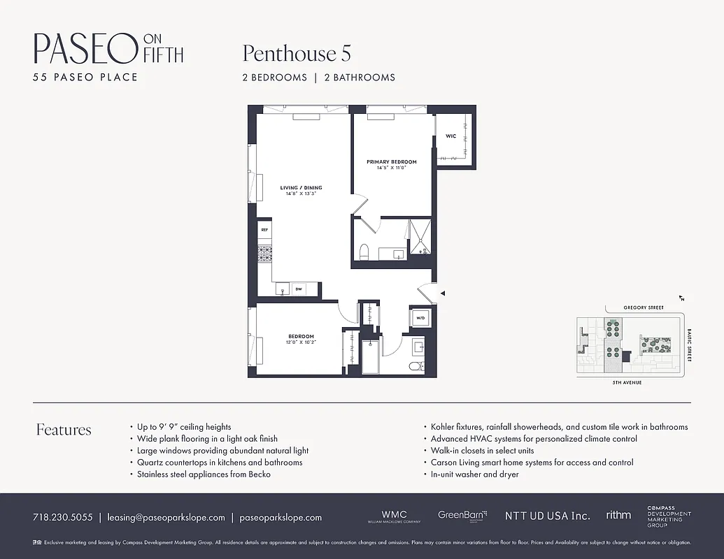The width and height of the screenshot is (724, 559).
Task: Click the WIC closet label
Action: click(x=450, y=136)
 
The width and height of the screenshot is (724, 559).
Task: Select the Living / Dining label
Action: click(x=301, y=188)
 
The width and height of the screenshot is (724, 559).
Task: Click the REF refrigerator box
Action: click(x=264, y=229)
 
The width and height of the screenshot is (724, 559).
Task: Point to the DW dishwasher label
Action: click(x=299, y=289)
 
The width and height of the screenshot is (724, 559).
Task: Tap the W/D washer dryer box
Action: click(x=420, y=318)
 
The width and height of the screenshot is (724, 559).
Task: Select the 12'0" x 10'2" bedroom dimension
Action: click(x=301, y=342)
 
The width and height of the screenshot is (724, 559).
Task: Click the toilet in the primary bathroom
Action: click(x=364, y=252)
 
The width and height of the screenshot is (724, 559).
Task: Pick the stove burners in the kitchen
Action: click(x=264, y=254)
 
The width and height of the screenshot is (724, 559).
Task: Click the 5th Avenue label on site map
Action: click(x=627, y=383)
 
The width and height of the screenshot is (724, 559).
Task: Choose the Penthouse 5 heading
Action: click(x=297, y=53)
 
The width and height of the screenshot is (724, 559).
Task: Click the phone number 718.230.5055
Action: click(x=62, y=518)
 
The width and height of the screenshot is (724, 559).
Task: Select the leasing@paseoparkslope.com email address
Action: click(x=166, y=518)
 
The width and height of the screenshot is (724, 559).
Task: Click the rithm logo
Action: click(x=618, y=515)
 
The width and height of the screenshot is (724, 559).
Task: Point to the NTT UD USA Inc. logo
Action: click(x=547, y=516)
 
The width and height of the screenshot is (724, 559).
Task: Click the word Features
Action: click(x=64, y=430)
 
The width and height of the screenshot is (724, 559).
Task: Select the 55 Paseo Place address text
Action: click(x=85, y=77)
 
